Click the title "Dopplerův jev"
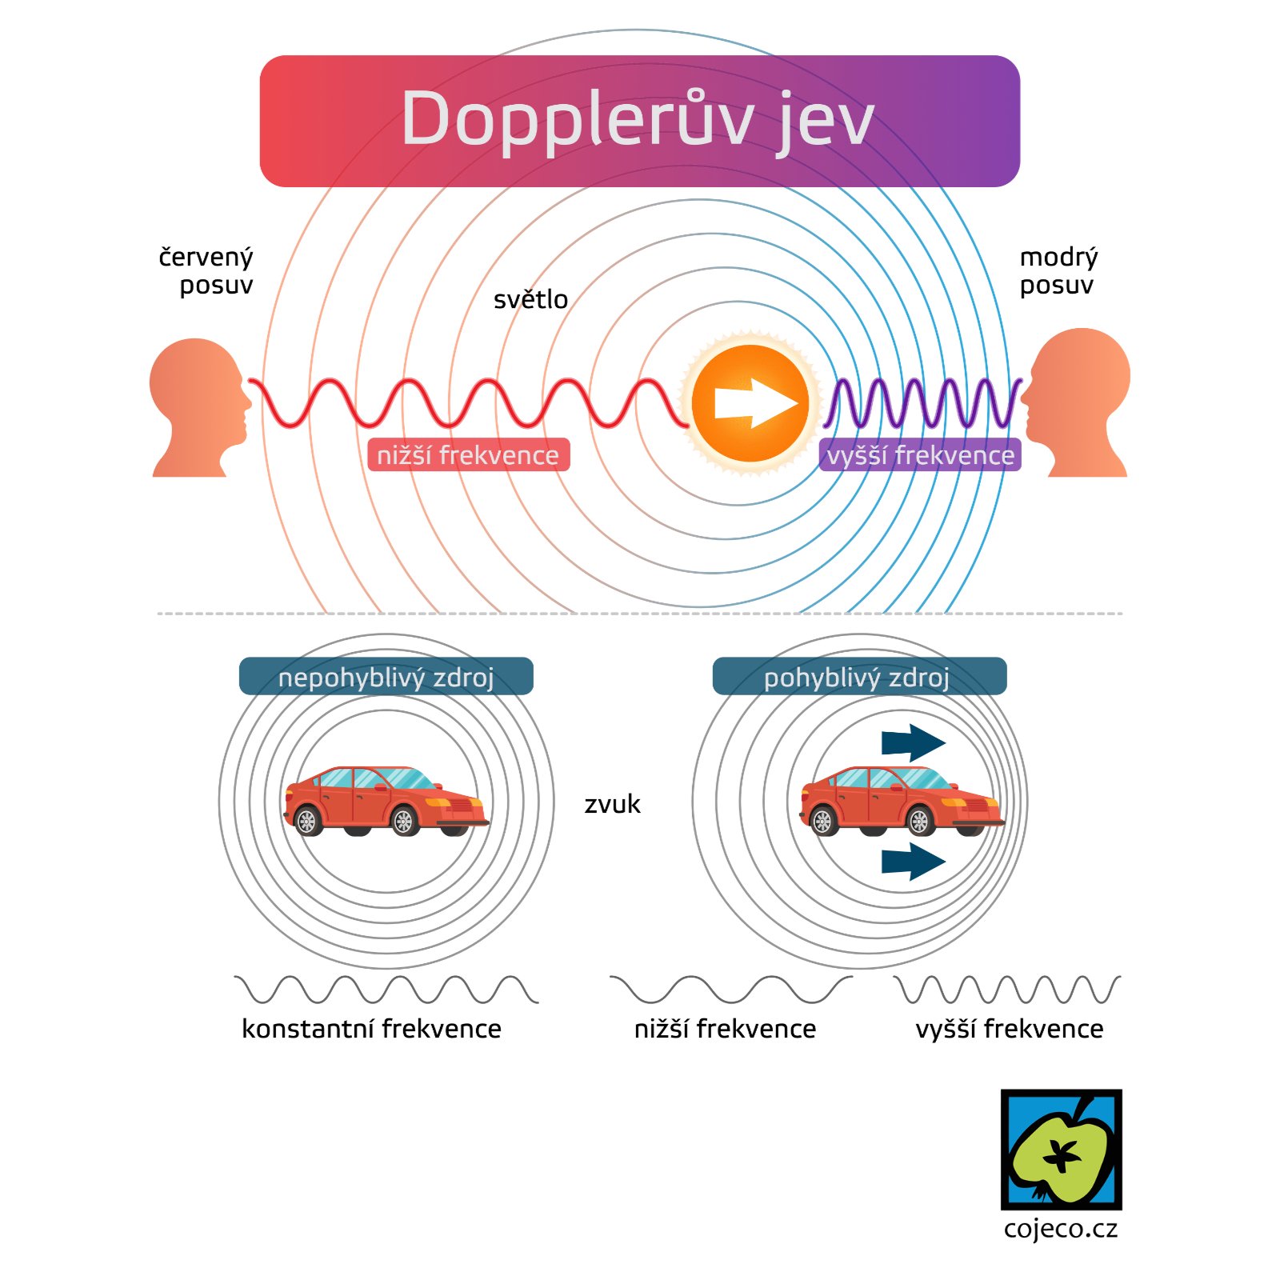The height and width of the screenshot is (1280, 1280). coord(638,120)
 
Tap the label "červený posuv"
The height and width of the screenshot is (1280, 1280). coord(206,270)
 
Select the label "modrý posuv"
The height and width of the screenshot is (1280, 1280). coord(1058,270)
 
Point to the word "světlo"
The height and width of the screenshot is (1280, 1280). coord(530,299)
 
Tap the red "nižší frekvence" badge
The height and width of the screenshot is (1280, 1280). coord(468,455)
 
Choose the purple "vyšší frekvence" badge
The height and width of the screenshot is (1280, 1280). coord(920,455)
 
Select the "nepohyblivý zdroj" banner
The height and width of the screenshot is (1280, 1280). coord(386,677)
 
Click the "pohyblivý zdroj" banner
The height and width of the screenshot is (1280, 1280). coord(858,677)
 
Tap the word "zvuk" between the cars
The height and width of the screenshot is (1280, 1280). coord(612,803)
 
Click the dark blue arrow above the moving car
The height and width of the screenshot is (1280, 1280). coord(913,743)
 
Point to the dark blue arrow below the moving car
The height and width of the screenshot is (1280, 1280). coord(913,861)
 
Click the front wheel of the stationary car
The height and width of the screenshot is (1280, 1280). coord(404,821)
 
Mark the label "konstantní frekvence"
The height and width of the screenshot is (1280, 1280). coord(371,1028)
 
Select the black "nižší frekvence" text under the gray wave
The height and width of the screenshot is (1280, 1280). coord(725,1028)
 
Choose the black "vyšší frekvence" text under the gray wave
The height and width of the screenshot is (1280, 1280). coord(1009,1028)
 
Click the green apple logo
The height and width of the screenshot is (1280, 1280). coord(1061,1150)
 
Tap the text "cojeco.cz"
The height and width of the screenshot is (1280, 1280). coord(1061,1228)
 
